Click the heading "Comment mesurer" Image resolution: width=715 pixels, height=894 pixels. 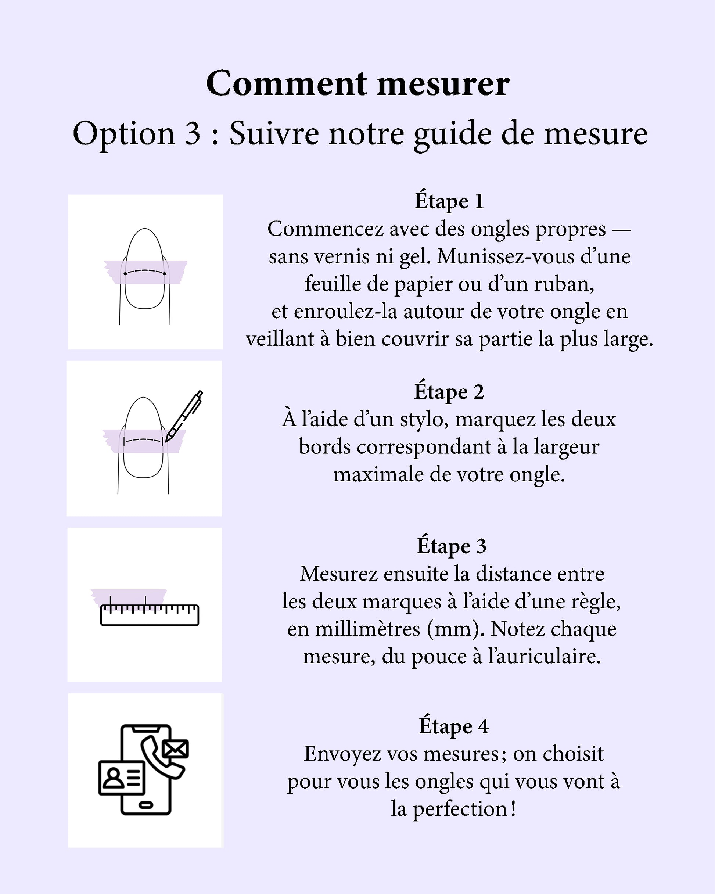[x=357, y=83]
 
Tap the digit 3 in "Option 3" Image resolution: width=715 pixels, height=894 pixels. [x=193, y=133]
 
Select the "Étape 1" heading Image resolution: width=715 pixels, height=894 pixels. [x=449, y=201]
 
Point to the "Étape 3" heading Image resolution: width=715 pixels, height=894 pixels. [x=451, y=546]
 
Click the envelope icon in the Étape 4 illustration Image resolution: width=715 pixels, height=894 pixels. [x=175, y=749]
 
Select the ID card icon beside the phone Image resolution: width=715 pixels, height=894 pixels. [x=122, y=778]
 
